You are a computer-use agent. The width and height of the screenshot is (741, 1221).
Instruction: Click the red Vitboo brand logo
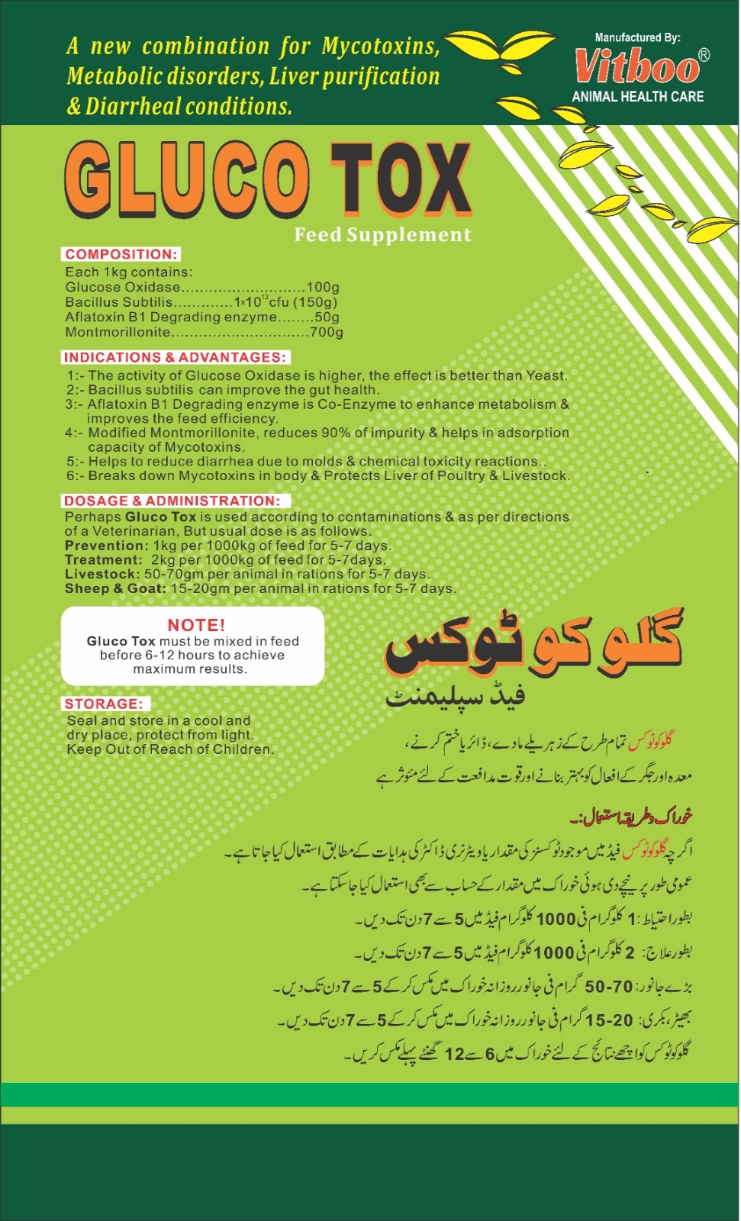637,66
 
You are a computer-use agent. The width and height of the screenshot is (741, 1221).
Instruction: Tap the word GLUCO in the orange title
187,180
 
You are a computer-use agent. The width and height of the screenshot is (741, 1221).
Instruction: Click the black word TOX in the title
400,180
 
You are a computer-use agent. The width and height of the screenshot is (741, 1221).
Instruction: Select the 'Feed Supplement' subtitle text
382,235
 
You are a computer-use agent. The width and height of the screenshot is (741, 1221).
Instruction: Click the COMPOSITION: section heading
121,254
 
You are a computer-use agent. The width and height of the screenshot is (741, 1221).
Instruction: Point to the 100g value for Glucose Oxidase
323,288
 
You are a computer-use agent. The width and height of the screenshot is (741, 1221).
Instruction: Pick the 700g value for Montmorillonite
327,333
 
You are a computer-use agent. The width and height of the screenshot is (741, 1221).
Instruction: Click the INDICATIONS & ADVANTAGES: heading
175,357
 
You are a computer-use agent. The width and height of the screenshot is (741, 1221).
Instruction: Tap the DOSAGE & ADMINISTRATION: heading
172,501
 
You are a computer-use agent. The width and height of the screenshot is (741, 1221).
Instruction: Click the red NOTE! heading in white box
196,625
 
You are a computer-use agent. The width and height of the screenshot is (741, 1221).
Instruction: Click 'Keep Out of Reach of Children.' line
170,749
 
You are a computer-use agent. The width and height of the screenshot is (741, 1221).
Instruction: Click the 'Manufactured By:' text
637,37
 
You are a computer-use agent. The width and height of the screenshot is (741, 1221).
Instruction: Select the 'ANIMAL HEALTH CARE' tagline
637,97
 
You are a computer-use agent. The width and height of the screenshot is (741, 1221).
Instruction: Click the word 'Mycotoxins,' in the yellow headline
380,47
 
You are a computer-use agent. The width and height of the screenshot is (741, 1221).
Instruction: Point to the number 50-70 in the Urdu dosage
609,986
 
